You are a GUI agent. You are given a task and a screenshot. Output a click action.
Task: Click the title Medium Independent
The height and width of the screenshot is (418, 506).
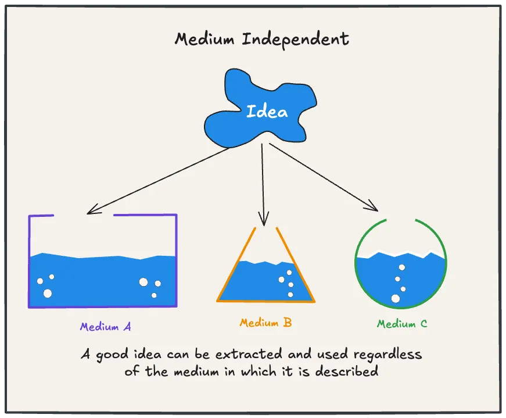[x=262, y=40]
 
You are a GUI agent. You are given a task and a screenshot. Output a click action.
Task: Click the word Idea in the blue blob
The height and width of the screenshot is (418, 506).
[x=267, y=111]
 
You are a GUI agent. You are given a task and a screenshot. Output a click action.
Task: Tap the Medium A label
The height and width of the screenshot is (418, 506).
[x=106, y=327]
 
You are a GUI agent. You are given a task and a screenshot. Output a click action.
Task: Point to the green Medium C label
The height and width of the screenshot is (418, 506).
[x=402, y=324]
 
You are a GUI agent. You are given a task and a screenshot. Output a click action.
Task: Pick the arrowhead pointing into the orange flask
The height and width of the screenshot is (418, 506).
[x=264, y=221]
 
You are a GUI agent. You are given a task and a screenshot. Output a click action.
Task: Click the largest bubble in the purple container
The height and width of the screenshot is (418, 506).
[x=48, y=293]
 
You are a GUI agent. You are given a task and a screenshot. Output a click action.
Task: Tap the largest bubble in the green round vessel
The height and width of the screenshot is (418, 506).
[x=396, y=299]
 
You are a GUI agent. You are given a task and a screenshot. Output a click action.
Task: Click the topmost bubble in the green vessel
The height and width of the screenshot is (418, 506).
[x=400, y=267]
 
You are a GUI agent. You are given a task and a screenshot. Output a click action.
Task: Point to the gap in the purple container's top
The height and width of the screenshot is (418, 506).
[x=84, y=216]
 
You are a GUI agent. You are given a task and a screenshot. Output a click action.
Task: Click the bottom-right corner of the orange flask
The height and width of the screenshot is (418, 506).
[x=314, y=301]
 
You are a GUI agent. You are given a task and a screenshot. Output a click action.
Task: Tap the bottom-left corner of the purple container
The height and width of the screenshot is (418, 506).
[x=29, y=306]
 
